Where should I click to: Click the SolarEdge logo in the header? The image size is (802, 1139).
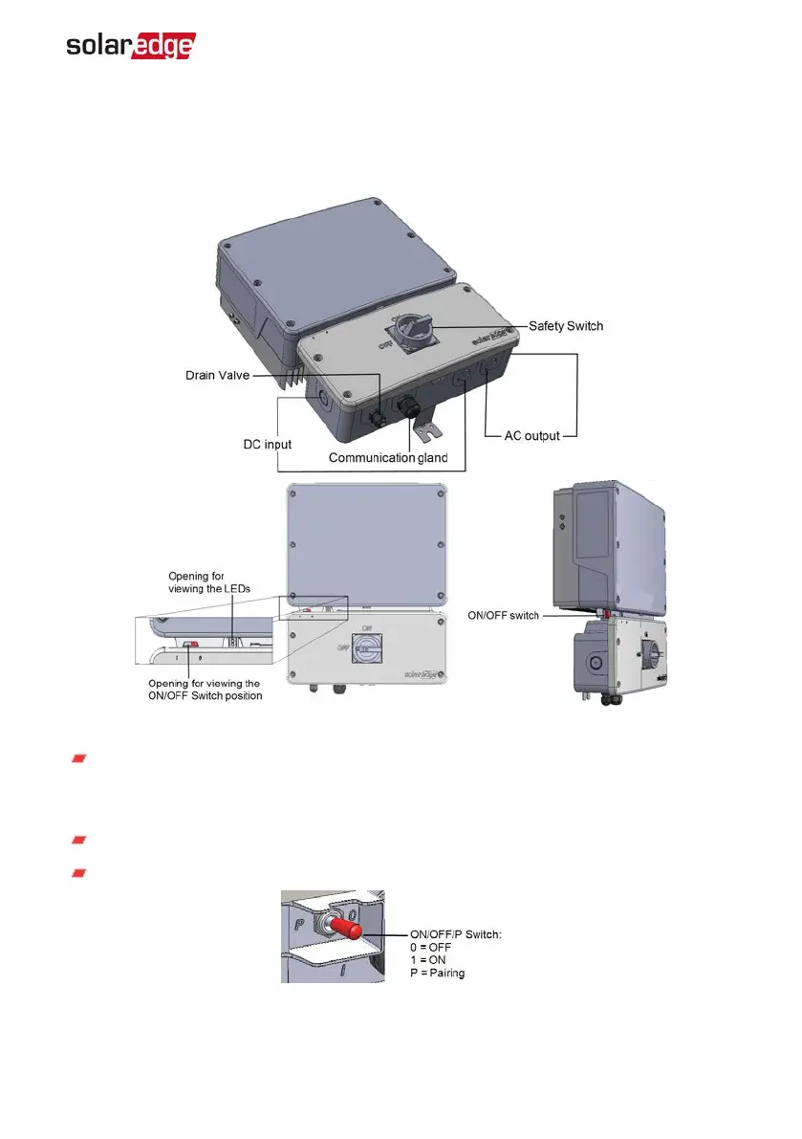[x=131, y=46]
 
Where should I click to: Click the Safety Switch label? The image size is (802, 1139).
[x=567, y=326]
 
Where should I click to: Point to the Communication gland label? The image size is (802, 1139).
[x=388, y=458]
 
